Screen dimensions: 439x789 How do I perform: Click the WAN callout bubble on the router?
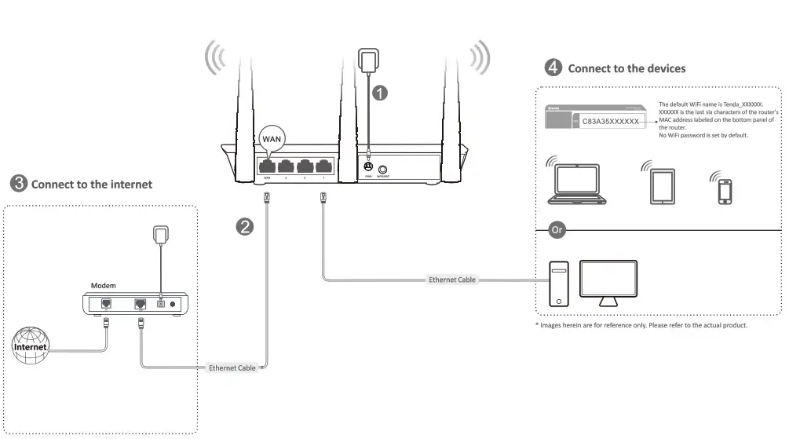pyautogui.click(x=271, y=137)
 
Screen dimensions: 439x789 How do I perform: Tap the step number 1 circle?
pyautogui.click(x=379, y=93)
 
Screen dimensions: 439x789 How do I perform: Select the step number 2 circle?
pyautogui.click(x=246, y=227)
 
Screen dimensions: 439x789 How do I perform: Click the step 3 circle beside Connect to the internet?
pyautogui.click(x=17, y=184)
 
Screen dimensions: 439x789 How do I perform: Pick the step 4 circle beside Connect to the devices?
pyautogui.click(x=553, y=68)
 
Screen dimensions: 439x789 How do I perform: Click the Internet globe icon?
pyautogui.click(x=30, y=346)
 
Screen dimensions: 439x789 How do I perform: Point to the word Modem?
pyautogui.click(x=104, y=285)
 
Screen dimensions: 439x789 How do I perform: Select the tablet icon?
pyautogui.click(x=661, y=186)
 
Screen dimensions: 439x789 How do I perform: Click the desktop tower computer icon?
pyautogui.click(x=557, y=283)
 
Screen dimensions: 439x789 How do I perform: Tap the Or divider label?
pyautogui.click(x=557, y=230)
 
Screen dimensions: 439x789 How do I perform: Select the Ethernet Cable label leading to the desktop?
pyautogui.click(x=451, y=280)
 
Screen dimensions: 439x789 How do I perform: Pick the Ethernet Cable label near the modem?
pyautogui.click(x=232, y=368)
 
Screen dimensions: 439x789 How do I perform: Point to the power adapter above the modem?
pyautogui.click(x=161, y=234)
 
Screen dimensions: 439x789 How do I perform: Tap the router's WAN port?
pyautogui.click(x=266, y=166)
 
